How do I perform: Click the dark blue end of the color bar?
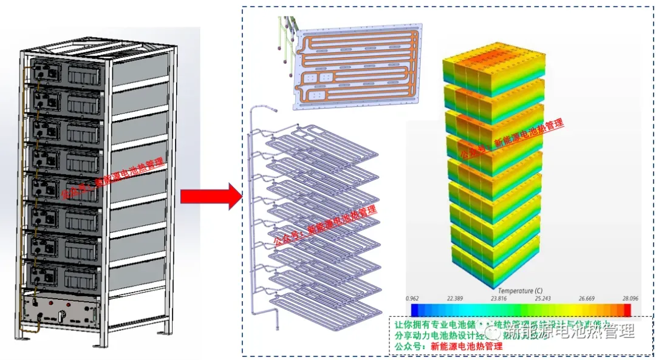[415, 310]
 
